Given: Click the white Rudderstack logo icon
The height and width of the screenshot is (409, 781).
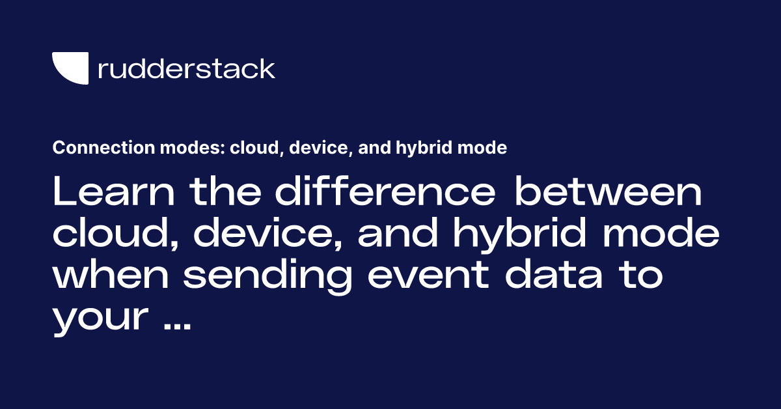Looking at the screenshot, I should click(70, 68).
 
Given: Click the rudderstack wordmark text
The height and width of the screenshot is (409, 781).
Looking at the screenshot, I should click(186, 68).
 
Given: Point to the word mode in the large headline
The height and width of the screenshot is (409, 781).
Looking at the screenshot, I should click(665, 234).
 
